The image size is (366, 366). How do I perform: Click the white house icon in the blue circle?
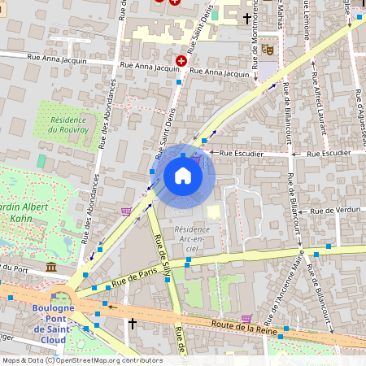(183, 176)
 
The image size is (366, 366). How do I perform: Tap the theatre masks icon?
(266, 49)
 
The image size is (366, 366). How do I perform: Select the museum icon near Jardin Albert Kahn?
(51, 268)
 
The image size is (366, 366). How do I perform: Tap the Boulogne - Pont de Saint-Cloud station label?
(53, 318)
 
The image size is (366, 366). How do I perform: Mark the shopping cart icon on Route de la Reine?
(246, 318)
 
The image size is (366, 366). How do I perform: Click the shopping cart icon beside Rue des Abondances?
(125, 211)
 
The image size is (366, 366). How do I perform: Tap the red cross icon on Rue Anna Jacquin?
(181, 61)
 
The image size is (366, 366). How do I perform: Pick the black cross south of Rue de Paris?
(132, 324)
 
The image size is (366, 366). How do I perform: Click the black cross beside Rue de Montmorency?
(246, 18)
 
